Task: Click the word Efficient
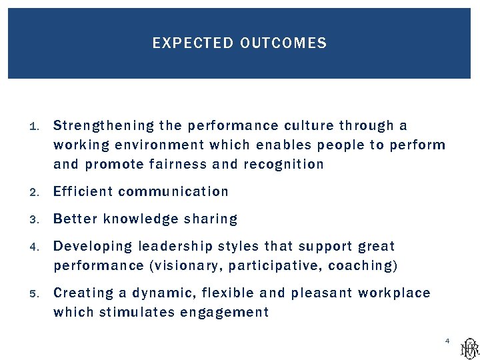tap(83, 192)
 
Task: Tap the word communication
tap(173, 192)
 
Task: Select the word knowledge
tap(141, 219)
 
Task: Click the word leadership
tap(171, 247)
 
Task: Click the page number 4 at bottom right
tap(447, 341)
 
